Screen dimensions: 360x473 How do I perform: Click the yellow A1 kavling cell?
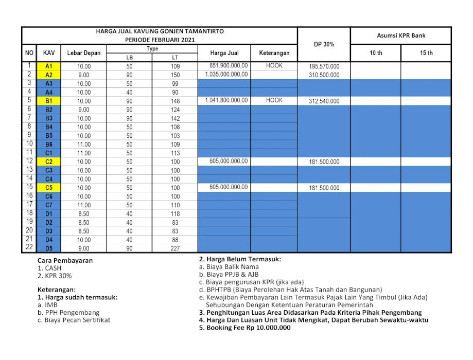tap(49, 66)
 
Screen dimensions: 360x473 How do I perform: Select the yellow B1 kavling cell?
tap(49, 101)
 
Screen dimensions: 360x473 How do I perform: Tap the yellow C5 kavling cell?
tap(49, 188)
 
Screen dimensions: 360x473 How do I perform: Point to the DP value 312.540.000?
tap(324, 101)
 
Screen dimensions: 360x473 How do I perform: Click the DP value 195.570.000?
tap(324, 67)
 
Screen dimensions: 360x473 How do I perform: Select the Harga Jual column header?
tap(224, 53)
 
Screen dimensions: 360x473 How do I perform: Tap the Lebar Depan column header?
tap(83, 53)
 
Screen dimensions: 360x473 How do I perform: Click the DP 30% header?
tap(324, 44)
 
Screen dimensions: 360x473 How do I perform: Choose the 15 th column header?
tap(426, 53)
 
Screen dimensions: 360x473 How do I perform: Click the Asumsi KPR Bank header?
tap(400, 35)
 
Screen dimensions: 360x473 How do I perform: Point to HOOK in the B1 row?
tap(274, 100)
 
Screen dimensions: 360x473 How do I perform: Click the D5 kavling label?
tap(49, 248)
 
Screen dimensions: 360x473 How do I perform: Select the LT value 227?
tap(175, 248)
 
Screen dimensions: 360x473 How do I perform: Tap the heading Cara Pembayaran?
tap(65, 260)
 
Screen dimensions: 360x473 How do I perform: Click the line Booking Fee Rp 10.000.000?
tap(244, 328)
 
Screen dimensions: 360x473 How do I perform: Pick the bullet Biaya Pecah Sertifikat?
tap(74, 320)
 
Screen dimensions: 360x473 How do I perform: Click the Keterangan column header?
tap(274, 53)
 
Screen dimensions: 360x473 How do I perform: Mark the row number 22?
tap(29, 248)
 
